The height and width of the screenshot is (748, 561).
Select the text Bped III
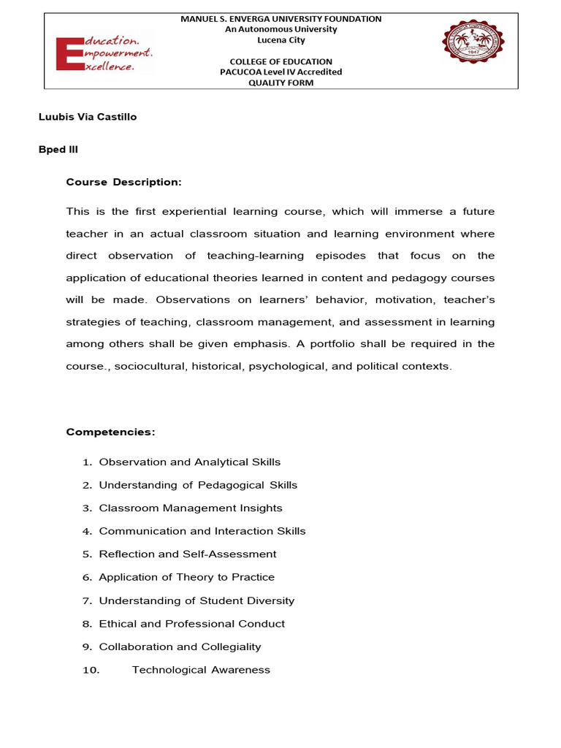[58, 149]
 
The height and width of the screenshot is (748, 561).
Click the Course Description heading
[123, 182]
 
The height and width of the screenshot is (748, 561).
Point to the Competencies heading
[111, 432]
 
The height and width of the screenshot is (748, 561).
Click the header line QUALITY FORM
[280, 83]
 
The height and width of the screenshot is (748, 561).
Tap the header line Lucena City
[280, 40]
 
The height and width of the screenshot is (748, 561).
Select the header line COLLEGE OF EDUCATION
[280, 61]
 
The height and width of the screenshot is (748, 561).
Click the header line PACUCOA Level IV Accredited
[280, 72]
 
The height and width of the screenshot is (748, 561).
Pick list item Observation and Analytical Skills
[189, 462]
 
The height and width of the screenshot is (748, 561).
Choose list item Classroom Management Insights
[190, 508]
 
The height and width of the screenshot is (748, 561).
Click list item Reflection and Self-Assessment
[187, 554]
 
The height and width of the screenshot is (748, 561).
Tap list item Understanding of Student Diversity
[196, 600]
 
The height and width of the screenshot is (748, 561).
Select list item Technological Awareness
[201, 670]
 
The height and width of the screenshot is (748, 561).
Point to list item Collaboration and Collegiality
[180, 646]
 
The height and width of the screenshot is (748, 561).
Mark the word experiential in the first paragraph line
[204, 212]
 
